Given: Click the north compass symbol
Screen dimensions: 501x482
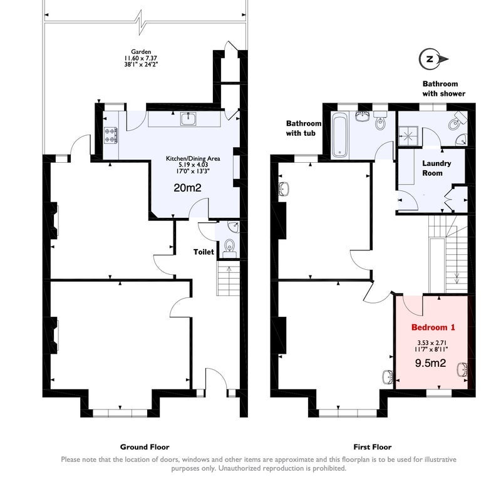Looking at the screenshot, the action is (x=433, y=59).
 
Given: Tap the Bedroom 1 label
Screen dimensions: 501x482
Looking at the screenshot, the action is (x=433, y=327).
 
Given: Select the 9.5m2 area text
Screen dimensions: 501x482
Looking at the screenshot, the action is (x=430, y=363).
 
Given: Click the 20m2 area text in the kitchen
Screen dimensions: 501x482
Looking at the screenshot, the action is (x=187, y=188).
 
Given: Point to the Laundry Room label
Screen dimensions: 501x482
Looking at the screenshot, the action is (x=436, y=168).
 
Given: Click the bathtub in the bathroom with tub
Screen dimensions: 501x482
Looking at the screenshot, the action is (x=339, y=136).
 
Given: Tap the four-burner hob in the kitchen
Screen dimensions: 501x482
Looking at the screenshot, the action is (x=111, y=135).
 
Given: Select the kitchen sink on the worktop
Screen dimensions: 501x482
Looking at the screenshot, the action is (x=189, y=119).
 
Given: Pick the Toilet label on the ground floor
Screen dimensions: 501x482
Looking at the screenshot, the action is (x=204, y=252).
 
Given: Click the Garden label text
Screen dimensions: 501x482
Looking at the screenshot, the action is (x=141, y=51).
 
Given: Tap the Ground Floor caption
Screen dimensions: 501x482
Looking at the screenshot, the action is (x=145, y=447).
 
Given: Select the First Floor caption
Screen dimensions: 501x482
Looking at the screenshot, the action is (x=372, y=447).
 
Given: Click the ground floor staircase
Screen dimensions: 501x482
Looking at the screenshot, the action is (x=229, y=278).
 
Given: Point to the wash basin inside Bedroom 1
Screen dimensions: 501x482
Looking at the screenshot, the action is (x=462, y=370).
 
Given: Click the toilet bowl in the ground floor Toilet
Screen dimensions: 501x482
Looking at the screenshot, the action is (x=229, y=246).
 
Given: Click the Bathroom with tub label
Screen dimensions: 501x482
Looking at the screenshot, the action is (x=304, y=128).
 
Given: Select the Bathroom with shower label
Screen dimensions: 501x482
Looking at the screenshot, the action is (x=444, y=89).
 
